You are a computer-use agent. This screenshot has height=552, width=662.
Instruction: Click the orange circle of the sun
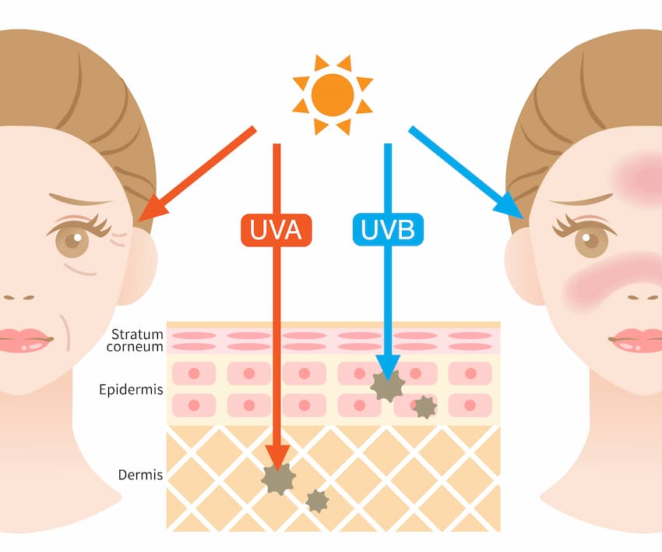coord(333,95)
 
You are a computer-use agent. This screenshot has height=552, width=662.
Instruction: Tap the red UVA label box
coord(276,230)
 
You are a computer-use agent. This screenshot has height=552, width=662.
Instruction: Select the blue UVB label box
coord(388,230)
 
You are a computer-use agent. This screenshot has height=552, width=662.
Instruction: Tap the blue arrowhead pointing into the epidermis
coord(388,366)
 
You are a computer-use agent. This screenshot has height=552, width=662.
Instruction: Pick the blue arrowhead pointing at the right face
coord(511,207)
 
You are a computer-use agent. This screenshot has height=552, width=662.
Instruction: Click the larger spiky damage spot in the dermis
coord(278,479)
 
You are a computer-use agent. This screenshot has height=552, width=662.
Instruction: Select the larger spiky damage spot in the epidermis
coord(387,386)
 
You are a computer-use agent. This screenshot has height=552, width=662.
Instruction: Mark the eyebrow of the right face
coord(580,200)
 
